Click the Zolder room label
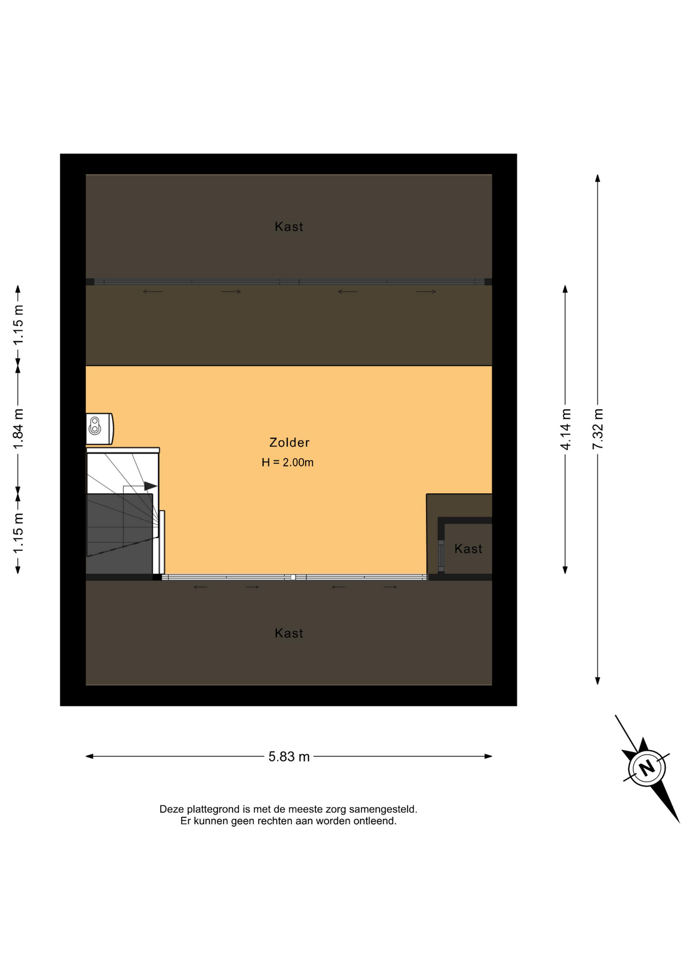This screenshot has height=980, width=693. [289, 443]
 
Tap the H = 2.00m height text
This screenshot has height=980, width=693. [287, 462]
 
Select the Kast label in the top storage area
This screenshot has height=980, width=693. [289, 227]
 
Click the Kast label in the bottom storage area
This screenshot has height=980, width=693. [289, 633]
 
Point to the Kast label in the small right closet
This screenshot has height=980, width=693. [468, 549]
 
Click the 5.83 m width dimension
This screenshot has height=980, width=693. [289, 756]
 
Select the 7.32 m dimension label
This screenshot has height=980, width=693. [598, 429]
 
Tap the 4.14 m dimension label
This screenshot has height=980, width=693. [565, 429]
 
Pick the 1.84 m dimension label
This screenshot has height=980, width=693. [18, 429]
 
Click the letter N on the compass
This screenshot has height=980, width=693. [647, 767]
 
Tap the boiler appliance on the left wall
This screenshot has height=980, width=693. [100, 428]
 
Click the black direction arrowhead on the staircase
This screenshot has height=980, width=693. [151, 486]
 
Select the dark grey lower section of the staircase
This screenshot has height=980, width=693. [119, 533]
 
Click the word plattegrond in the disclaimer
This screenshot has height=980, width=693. [214, 809]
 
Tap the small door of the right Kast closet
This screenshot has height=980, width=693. [441, 556]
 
